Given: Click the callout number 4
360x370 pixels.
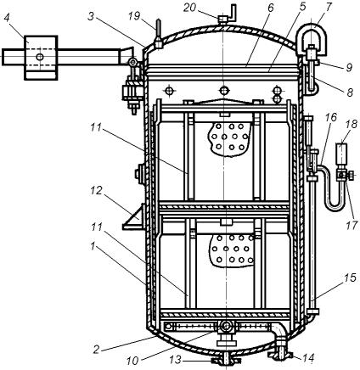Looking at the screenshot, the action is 8,20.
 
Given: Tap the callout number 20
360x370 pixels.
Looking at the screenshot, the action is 189,8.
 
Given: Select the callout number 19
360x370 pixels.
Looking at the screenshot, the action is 134,16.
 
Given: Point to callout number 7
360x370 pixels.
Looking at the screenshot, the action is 328,6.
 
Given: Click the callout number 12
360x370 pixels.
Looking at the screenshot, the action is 96,191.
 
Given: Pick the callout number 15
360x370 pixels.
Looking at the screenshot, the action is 350,277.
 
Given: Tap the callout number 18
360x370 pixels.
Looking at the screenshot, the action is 352,124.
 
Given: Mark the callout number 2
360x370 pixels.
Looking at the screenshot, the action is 97,350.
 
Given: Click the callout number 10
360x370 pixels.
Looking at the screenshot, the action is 132,361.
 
